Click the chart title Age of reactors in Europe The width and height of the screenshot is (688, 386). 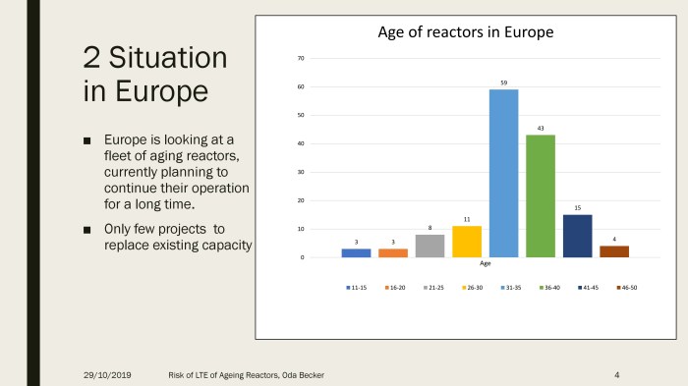(466, 32)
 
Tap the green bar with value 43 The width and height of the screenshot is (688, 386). (541, 195)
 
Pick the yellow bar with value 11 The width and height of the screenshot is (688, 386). (467, 242)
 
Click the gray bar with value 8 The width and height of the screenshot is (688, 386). (430, 246)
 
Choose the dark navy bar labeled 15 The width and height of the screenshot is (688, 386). (578, 236)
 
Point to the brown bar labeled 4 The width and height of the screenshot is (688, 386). (614, 251)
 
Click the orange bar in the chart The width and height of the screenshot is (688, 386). (393, 252)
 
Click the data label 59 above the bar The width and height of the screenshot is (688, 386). (503, 83)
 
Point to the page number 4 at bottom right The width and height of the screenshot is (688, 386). (615, 375)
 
